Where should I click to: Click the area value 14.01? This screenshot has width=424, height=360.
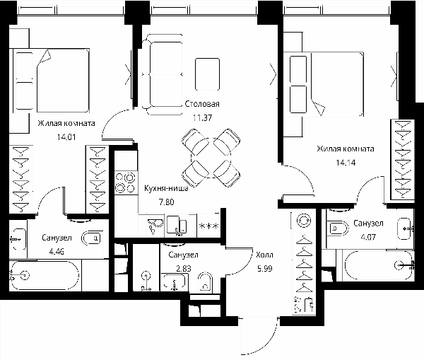[x=66, y=137]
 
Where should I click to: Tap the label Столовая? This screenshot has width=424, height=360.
[x=202, y=104]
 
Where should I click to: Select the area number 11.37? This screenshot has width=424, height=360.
[x=202, y=118]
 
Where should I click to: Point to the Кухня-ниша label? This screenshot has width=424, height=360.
[x=166, y=188]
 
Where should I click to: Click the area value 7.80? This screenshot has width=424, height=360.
[x=166, y=202]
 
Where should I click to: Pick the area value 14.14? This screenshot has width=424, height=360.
[x=346, y=163]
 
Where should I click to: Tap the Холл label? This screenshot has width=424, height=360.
[x=265, y=255]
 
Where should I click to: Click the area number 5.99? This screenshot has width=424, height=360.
[x=265, y=269]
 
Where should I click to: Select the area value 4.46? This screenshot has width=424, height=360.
[x=57, y=252]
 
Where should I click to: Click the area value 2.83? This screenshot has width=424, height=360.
[x=184, y=269]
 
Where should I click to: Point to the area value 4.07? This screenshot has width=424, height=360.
[x=368, y=237]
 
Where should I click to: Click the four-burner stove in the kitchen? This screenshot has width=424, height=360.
[x=126, y=182]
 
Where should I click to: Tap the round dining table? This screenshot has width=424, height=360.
[x=211, y=158]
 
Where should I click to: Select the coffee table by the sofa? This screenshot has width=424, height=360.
[x=207, y=74]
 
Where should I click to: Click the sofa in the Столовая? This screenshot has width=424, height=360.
[x=162, y=75]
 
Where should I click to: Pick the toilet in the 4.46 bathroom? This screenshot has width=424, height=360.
[x=92, y=238]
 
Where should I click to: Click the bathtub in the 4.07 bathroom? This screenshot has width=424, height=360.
[x=378, y=265]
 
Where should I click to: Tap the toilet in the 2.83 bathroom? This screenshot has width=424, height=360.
[x=205, y=282]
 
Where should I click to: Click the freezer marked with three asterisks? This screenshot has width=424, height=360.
[x=208, y=226]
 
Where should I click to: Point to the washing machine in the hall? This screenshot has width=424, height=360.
[x=304, y=221]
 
